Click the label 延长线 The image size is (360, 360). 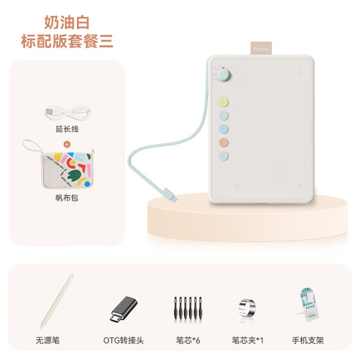tap(67, 128)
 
